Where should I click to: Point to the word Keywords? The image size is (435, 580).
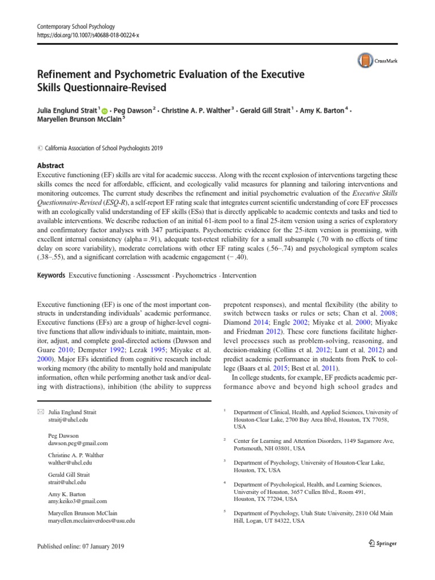(x=50, y=275)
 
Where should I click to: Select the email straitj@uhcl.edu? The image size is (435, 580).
(x=69, y=420)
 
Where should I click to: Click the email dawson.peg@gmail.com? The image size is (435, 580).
(x=78, y=443)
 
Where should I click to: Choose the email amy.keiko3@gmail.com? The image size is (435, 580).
(x=77, y=501)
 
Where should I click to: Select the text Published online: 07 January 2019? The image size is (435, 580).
(x=80, y=547)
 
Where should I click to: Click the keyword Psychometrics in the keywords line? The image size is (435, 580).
(x=196, y=275)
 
